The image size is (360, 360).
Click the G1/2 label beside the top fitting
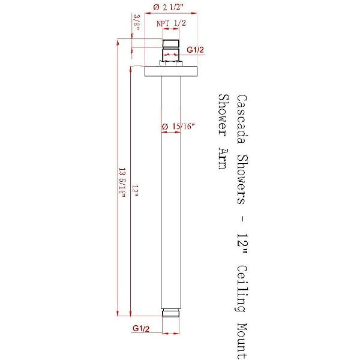(x=196, y=49)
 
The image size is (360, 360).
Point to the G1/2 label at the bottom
(x=140, y=329)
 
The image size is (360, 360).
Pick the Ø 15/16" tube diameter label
(x=179, y=127)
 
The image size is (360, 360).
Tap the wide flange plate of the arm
(x=170, y=71)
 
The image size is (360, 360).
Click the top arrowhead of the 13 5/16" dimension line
(x=118, y=43)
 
